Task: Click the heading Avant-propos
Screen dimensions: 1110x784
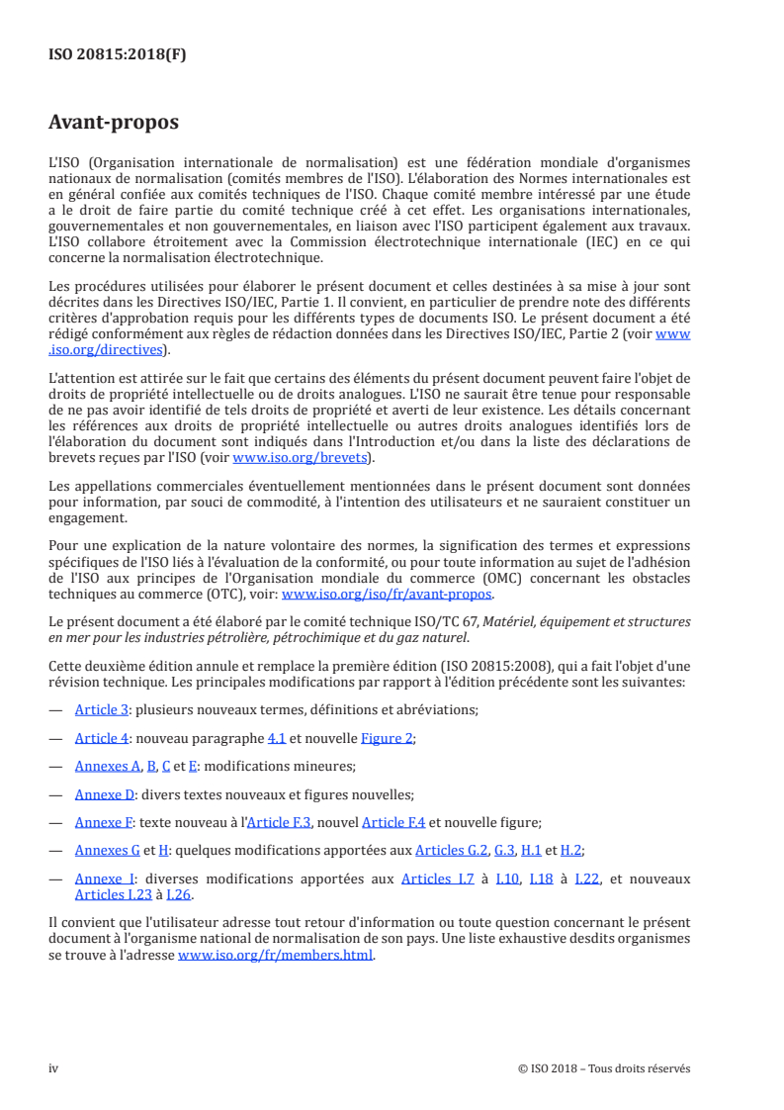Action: pos(114,123)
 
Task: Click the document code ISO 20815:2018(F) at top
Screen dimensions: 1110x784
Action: pos(117,54)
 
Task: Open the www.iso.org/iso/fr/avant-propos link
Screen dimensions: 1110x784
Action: pos(388,595)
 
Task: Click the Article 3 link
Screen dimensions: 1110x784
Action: pos(102,710)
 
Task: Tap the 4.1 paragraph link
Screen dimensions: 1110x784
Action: pos(277,738)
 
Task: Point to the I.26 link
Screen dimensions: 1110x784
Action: pos(178,894)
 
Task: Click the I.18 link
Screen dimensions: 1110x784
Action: pos(543,879)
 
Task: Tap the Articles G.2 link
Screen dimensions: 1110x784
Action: pos(452,850)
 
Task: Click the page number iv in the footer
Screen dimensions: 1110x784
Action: pos(54,1067)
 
